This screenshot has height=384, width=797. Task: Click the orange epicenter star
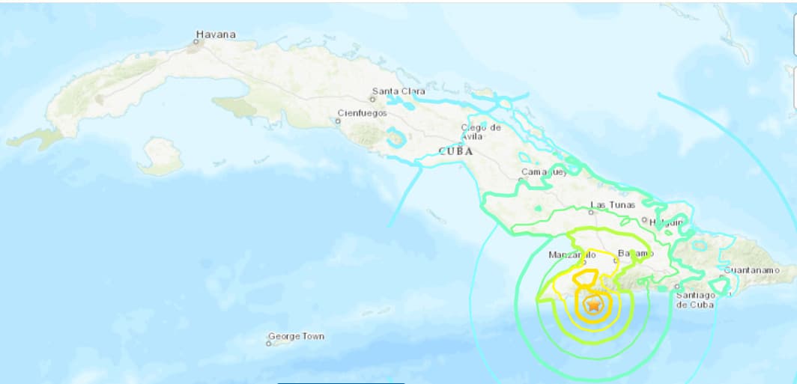tap(593, 305)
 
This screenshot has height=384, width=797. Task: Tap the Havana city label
tap(216, 34)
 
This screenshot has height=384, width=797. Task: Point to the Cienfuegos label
tap(363, 113)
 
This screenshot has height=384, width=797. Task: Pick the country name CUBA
tap(455, 150)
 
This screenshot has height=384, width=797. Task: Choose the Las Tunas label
tap(613, 204)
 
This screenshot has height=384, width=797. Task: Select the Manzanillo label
tap(572, 255)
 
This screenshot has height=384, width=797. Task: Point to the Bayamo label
tap(635, 253)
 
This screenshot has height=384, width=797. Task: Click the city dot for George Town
tap(270, 344)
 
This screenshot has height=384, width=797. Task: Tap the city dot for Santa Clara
tap(375, 99)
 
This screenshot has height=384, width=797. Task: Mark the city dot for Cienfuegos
tap(337, 120)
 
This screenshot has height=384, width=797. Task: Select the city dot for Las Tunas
tap(592, 212)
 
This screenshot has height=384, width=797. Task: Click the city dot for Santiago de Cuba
tap(676, 286)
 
